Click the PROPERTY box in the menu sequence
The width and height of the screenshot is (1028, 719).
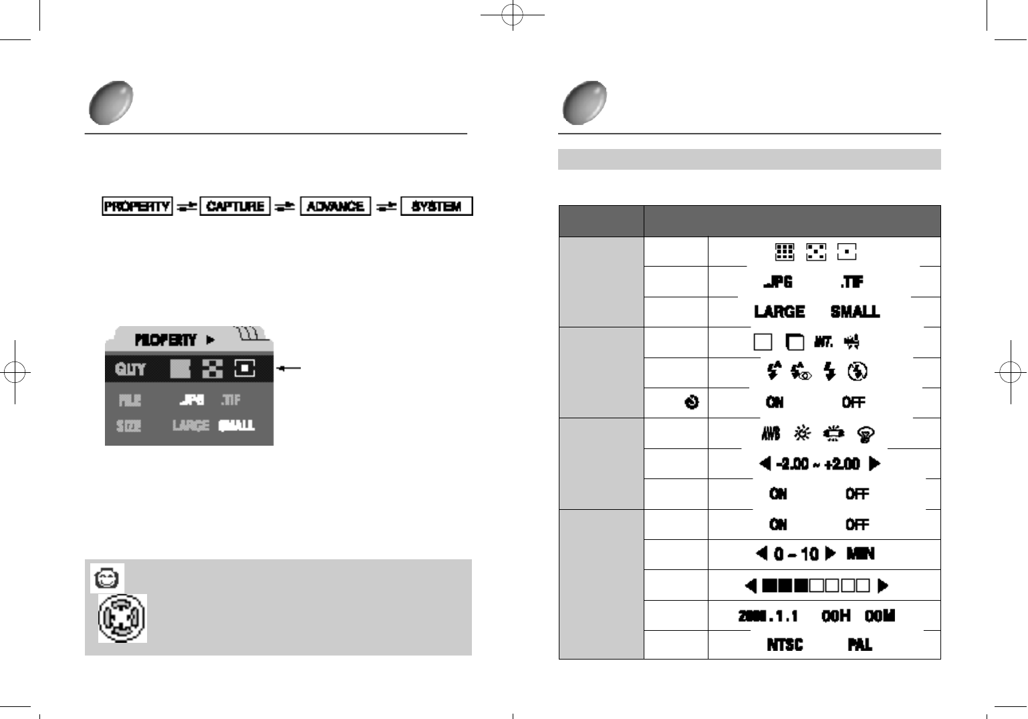137,206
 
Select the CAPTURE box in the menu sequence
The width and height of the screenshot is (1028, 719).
235,206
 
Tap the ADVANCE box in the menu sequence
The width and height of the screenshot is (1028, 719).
336,206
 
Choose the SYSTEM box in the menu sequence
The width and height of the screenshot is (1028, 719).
436,206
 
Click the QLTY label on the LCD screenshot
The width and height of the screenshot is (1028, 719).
130,369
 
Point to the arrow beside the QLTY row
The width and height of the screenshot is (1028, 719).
289,368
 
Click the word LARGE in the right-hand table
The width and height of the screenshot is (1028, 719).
779,312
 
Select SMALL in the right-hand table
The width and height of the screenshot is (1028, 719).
855,312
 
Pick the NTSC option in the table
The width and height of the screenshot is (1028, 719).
785,645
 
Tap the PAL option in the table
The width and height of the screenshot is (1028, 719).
860,645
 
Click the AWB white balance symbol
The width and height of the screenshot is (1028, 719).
771,434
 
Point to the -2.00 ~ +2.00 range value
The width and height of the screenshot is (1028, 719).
818,464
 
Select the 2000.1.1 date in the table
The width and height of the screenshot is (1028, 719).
768,616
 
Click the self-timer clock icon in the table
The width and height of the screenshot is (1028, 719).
692,402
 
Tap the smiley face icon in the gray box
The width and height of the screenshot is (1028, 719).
107,578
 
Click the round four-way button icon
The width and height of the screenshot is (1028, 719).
122,618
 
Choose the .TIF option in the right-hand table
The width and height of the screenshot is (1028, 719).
852,282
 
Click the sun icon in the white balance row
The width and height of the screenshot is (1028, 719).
802,434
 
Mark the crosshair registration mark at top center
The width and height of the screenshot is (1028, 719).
512,15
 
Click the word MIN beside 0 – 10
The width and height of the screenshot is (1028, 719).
860,554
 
